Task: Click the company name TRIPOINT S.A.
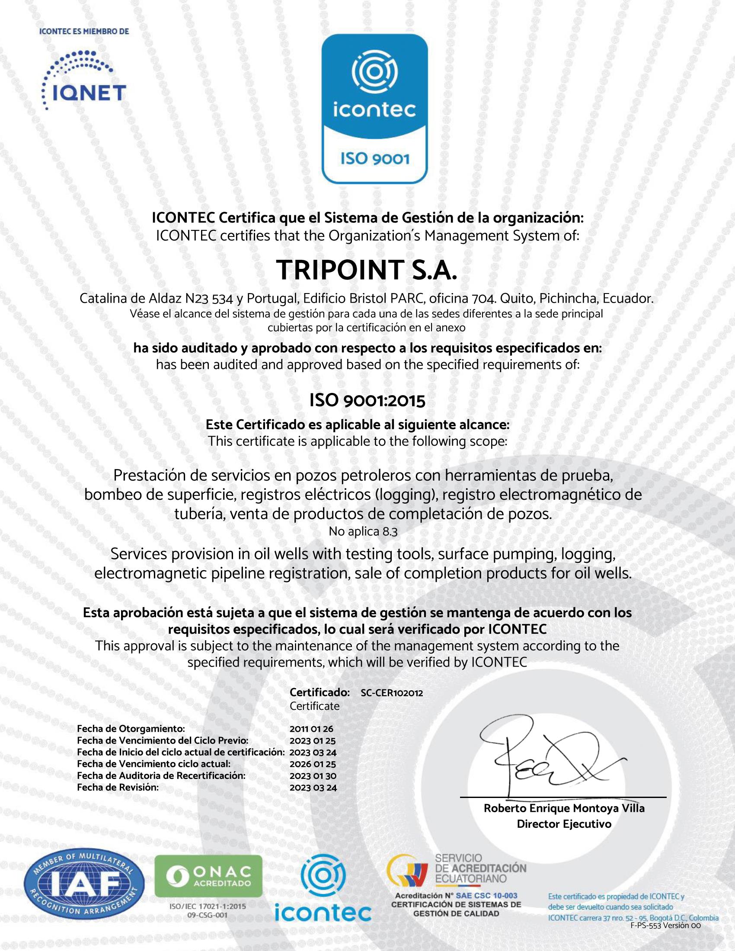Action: pyautogui.click(x=367, y=271)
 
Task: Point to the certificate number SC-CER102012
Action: pyautogui.click(x=391, y=693)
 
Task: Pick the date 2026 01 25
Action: pyautogui.click(x=313, y=764)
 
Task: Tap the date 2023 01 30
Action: pyautogui.click(x=313, y=775)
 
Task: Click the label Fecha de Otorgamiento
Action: pyautogui.click(x=131, y=729)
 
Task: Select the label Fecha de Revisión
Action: pyautogui.click(x=118, y=787)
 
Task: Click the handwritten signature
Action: pyautogui.click(x=544, y=757)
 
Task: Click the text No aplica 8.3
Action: pyautogui.click(x=363, y=532)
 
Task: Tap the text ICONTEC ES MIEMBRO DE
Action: pyautogui.click(x=84, y=32)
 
